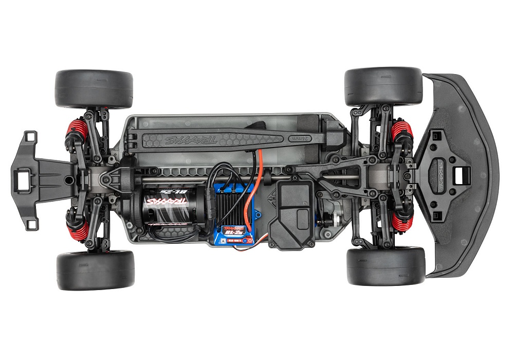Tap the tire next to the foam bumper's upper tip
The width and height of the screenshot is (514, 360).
pyautogui.click(x=383, y=86)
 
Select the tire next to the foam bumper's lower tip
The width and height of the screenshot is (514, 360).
pyautogui.click(x=385, y=266)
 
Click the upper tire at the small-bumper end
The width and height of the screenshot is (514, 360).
pyautogui.click(x=94, y=88)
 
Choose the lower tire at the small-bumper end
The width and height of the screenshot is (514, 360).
pyautogui.click(x=95, y=270)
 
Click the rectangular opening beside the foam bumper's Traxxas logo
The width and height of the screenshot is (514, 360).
pyautogui.click(x=461, y=175)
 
